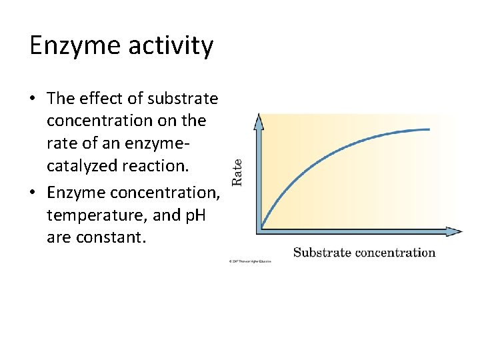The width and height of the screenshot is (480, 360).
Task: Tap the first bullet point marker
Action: [x=33, y=99]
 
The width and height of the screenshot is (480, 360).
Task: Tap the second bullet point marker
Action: [x=33, y=193]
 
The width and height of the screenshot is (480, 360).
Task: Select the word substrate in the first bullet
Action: [x=183, y=99]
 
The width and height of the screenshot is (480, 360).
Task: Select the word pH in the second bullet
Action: [x=201, y=215]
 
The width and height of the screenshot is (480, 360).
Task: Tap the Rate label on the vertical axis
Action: [x=237, y=171]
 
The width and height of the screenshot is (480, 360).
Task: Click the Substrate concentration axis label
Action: [x=364, y=252]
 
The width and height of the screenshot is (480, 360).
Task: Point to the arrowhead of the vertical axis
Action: [x=259, y=121]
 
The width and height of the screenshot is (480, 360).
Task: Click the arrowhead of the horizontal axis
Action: [x=454, y=231]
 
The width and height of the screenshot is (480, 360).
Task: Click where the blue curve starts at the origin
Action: [x=261, y=227]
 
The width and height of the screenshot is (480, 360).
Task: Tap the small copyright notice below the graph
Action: [x=250, y=261]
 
